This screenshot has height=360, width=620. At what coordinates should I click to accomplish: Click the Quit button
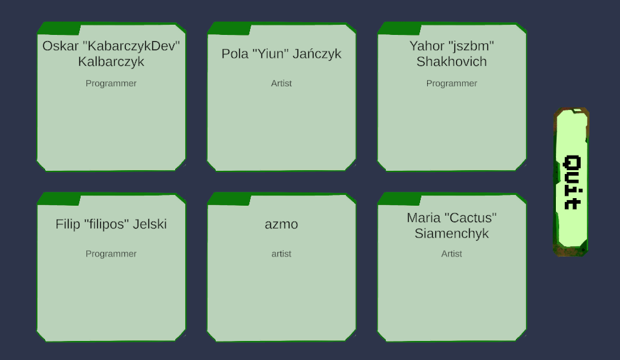tap(572, 182)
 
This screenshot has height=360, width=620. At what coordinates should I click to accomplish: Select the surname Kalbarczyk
tap(111, 62)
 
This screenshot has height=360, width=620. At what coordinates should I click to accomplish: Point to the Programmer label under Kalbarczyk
tap(111, 83)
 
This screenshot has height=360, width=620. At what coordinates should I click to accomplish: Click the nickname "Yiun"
tap(271, 54)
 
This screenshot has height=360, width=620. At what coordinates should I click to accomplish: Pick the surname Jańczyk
tap(317, 54)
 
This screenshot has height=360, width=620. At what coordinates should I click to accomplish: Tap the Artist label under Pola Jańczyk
tap(281, 83)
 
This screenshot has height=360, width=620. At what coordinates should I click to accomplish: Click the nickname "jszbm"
tap(470, 46)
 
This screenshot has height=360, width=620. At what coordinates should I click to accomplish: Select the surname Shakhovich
tap(451, 62)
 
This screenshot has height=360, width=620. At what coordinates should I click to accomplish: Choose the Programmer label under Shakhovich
tap(451, 83)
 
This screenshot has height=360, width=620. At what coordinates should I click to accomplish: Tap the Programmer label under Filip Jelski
tap(111, 253)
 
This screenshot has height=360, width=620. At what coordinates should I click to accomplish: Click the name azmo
tap(281, 224)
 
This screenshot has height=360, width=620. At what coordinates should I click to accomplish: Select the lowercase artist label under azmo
tap(281, 253)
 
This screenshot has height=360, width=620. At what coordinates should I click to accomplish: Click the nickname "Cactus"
tap(469, 218)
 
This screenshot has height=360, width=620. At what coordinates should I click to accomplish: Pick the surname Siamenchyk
tap(451, 234)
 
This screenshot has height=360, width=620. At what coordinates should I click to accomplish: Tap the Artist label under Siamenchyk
tap(451, 253)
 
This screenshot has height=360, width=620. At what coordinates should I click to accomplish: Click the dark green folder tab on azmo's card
tap(229, 199)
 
